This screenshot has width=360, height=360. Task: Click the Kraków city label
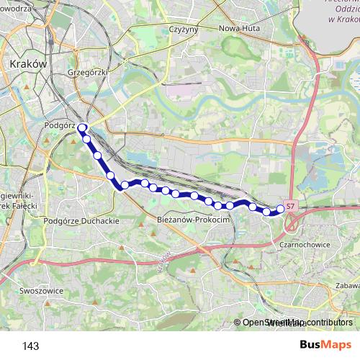tap(29, 63)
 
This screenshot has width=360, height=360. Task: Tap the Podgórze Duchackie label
tap(81, 221)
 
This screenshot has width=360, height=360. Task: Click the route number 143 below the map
tap(30, 346)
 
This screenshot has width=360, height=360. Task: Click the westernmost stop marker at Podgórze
tap(82, 128)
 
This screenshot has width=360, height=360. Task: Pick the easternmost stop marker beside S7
tap(280, 210)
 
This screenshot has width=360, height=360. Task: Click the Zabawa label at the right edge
tap(346, 284)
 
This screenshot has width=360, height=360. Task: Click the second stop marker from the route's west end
tap(86, 138)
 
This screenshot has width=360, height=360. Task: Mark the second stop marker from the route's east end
tap(266, 211)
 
